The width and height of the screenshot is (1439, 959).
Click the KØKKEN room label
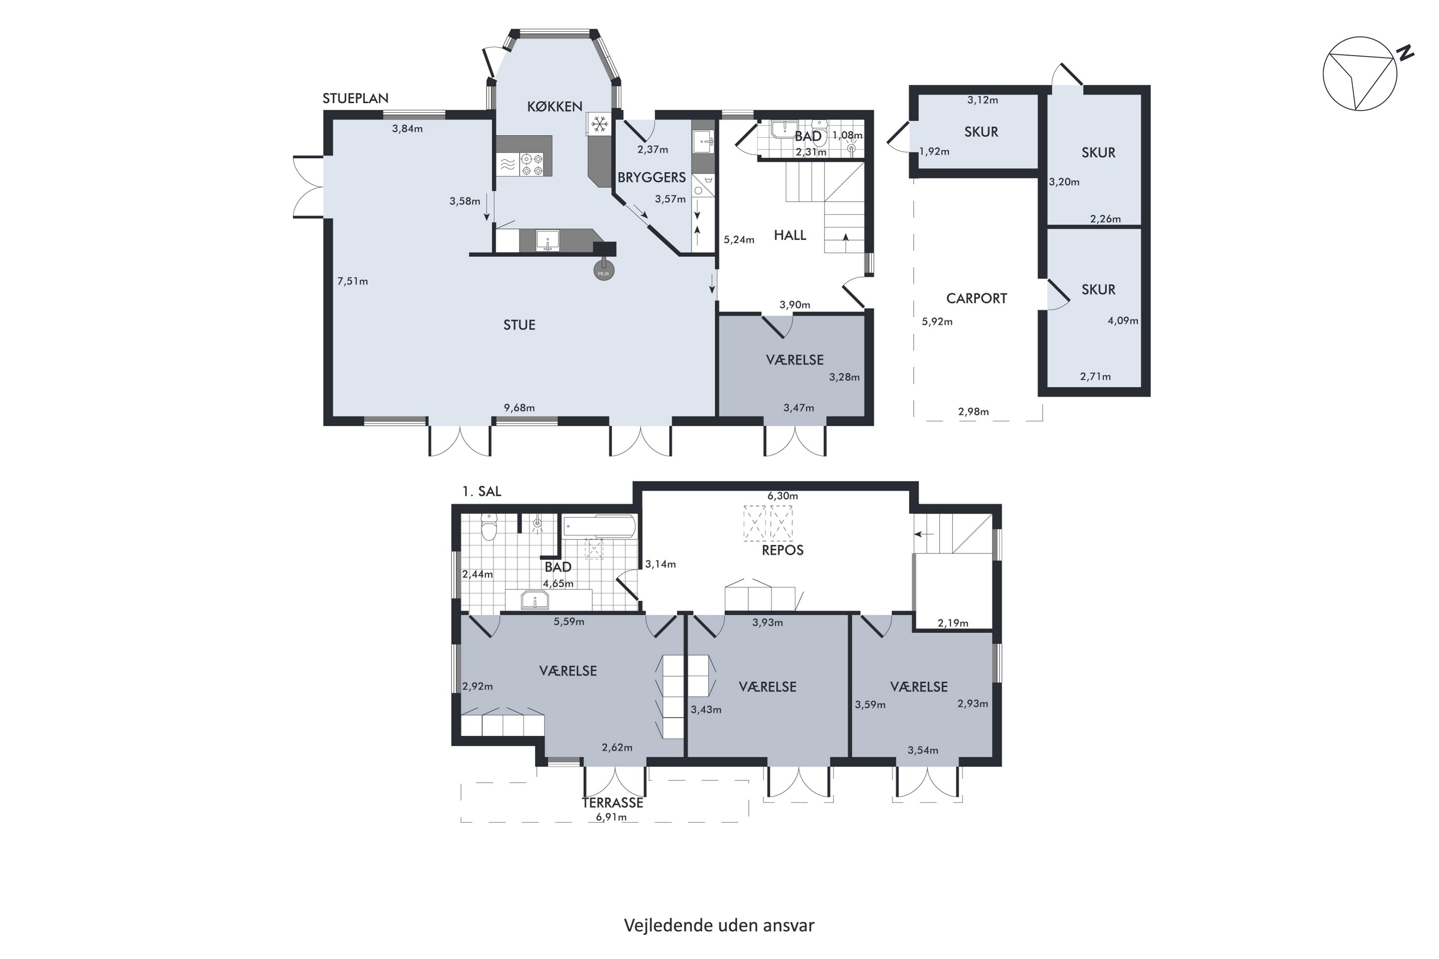coord(554,106)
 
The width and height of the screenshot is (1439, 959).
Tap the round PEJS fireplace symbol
coord(604,270)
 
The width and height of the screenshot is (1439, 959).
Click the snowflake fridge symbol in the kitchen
coord(600,124)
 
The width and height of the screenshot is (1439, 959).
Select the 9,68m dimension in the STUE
coord(519,408)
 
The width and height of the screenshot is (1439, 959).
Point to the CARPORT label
coord(977,298)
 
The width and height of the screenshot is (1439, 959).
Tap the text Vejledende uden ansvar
coord(719,925)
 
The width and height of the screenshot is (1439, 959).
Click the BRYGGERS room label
coord(651,177)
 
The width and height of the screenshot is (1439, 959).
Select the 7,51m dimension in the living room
coord(353,281)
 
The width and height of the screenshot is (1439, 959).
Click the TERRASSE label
coord(613,802)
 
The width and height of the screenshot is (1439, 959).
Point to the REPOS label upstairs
coord(782,550)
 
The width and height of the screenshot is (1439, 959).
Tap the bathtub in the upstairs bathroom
coord(600,526)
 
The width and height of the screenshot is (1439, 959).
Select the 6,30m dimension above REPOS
coord(782,496)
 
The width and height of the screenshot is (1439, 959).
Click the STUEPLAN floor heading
coord(355,98)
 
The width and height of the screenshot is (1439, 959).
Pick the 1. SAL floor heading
coord(482,491)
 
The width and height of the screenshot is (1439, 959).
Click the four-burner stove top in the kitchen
coord(531,164)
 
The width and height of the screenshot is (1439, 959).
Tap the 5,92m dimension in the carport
coord(937,322)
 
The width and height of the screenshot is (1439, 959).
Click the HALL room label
coord(790,235)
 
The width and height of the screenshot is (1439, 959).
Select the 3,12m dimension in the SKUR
coord(982,100)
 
